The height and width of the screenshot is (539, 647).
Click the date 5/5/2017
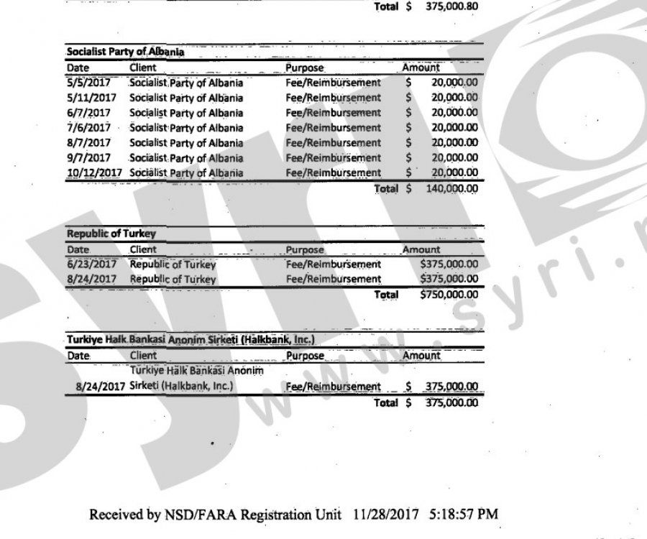pos(83,83)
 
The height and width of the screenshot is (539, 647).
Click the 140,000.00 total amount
pos(449,188)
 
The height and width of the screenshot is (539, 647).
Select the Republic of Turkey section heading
pos(111,234)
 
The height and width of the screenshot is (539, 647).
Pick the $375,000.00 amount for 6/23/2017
pos(449,264)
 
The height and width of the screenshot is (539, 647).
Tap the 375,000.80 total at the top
pos(449,9)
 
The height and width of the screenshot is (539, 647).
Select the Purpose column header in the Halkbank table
pos(306,355)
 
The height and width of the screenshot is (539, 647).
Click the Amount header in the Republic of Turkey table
pos(421,249)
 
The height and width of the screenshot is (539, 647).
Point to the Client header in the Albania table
pos(143,68)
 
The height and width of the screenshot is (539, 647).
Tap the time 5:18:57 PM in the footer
pos(463,515)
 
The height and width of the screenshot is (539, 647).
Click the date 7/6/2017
pos(83,128)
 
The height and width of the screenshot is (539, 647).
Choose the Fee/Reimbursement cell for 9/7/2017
pos(333,158)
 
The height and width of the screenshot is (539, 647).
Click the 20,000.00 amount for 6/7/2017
pos(454,113)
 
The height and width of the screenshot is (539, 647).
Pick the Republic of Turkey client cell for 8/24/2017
pos(173,279)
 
